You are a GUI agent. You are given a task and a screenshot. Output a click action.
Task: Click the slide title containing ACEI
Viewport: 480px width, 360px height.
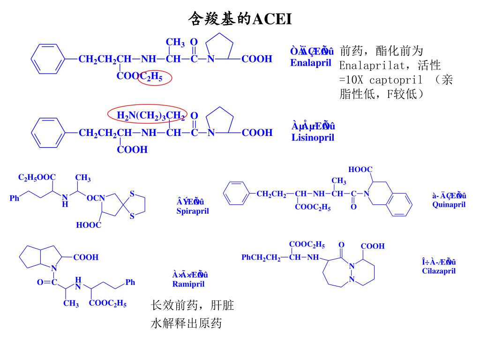[x=240, y=19]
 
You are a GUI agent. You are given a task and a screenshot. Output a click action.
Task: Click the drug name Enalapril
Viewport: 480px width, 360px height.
[x=310, y=62]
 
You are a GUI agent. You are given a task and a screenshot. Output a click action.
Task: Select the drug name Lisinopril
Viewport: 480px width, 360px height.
[x=312, y=137]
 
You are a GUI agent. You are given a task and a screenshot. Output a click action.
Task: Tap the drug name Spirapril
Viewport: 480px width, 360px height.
[x=193, y=211]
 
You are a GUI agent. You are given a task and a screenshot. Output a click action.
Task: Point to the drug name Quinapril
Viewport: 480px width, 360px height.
[x=449, y=205]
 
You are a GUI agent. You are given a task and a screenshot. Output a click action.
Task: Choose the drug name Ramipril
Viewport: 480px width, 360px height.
[x=188, y=284]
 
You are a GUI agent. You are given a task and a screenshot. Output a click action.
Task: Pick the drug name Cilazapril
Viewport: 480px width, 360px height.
[x=439, y=270]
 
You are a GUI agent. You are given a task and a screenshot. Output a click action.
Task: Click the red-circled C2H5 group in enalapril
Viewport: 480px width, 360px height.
[x=156, y=77]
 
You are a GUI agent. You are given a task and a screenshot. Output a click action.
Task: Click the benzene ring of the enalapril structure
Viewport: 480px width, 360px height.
[x=47, y=59]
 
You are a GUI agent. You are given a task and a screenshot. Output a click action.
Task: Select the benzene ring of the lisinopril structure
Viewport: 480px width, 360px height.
[x=47, y=133]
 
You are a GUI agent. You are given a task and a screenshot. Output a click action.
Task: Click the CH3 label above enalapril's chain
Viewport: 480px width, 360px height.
[x=175, y=43]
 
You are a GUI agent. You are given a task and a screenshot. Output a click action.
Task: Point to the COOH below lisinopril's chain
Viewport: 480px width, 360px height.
[x=132, y=150]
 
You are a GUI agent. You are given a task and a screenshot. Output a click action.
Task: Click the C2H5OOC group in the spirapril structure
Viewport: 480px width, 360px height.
[x=37, y=177]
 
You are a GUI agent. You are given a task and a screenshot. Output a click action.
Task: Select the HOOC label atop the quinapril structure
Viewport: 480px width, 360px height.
[x=360, y=169]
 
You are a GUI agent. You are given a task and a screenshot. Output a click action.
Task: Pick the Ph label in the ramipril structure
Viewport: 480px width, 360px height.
[x=130, y=282]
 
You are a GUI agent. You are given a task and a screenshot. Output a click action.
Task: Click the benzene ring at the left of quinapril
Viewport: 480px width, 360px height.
[x=239, y=194]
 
